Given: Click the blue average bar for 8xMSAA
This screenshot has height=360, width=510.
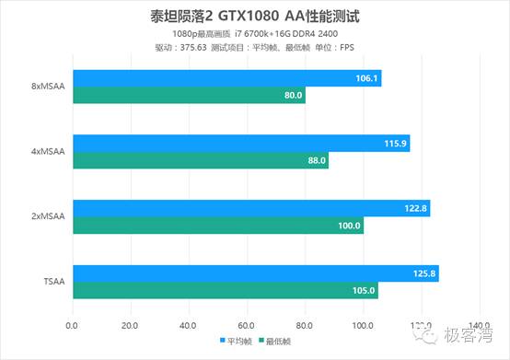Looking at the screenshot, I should pos(226,79).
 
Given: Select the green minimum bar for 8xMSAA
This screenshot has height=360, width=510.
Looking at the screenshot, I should pos(189,95).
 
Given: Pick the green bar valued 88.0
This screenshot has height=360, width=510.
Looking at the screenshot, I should pos(201,161).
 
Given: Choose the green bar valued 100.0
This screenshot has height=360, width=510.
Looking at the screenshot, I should pos(218,226).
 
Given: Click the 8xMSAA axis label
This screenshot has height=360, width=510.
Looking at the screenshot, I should pos(47,87).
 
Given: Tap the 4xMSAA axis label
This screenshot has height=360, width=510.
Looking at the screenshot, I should pos(47,153).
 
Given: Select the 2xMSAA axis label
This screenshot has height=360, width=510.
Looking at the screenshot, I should pos(47,217).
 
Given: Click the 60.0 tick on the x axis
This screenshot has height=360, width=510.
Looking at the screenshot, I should pos(247,324).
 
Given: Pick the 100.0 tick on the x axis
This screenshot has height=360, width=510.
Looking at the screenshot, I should pos(363,324).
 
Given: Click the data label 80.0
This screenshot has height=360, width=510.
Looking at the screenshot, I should pos(293,95).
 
